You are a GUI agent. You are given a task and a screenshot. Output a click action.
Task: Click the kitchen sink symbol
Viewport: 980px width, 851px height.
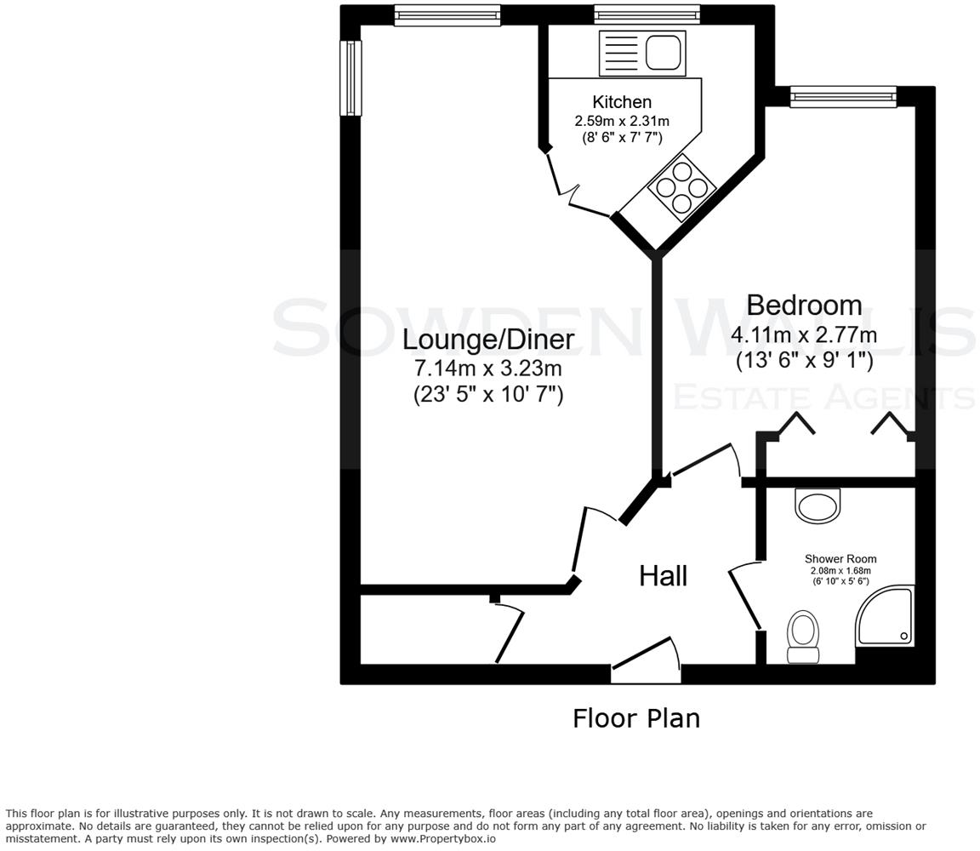641,53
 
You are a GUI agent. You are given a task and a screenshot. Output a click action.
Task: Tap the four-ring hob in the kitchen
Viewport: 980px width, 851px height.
681,187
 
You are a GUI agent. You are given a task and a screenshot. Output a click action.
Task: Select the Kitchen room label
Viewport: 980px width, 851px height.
622,102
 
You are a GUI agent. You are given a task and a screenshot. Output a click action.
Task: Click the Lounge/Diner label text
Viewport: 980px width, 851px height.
487,340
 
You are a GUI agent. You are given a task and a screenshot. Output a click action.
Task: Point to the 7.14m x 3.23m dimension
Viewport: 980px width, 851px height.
487,368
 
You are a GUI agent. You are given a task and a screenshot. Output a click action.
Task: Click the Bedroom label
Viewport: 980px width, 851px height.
804,305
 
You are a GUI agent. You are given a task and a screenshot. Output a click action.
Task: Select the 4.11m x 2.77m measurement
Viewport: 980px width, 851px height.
804,334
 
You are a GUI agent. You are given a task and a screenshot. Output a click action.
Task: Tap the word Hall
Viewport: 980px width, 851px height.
663,576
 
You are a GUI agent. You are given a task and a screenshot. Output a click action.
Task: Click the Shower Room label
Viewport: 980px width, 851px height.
840,559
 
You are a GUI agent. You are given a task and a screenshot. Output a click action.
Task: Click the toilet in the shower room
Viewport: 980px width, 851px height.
803,637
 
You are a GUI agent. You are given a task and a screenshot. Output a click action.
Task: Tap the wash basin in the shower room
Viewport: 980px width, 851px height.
817,504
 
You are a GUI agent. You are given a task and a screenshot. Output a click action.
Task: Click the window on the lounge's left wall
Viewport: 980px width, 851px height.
350,77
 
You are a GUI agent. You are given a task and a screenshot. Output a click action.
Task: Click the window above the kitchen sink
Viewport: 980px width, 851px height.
647,14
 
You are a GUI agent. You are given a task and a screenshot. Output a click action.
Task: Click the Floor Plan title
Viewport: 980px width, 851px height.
635,718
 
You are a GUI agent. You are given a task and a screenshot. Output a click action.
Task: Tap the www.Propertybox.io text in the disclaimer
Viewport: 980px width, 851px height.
442,838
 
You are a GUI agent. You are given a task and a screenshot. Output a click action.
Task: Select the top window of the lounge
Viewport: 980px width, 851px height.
447,14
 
